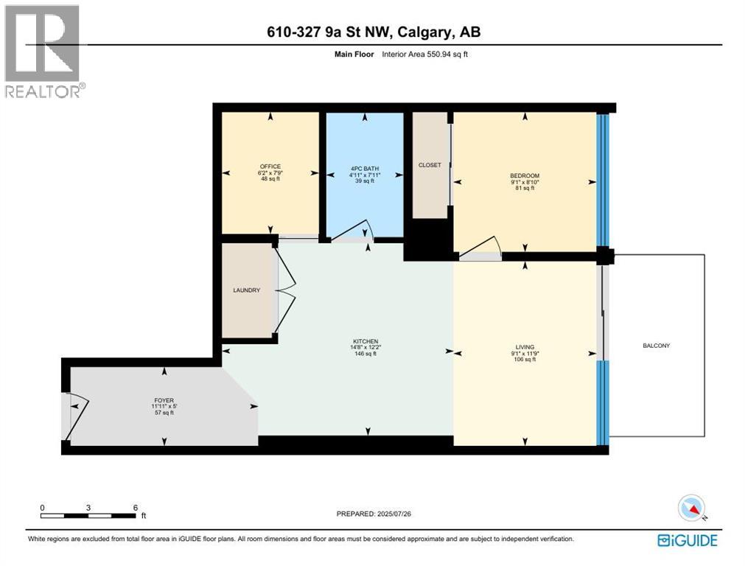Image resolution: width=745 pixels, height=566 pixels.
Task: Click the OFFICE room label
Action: tap(270, 167)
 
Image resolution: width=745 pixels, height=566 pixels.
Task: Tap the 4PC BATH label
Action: tap(362, 167)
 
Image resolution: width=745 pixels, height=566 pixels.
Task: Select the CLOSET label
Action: tap(430, 165)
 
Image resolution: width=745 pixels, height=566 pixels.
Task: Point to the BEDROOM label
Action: tap(524, 175)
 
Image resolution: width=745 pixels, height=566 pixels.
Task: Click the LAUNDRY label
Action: tap(246, 290)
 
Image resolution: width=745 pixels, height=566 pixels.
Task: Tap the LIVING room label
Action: tap(525, 347)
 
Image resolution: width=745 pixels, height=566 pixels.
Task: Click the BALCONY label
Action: tap(656, 346)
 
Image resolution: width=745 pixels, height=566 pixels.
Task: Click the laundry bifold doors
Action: tap(285, 290)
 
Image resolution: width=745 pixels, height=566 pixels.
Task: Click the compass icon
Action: tap(692, 508)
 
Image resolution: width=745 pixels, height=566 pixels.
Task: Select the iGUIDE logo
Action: tap(687, 540)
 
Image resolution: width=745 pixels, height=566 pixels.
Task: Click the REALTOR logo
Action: tap(43, 52)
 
